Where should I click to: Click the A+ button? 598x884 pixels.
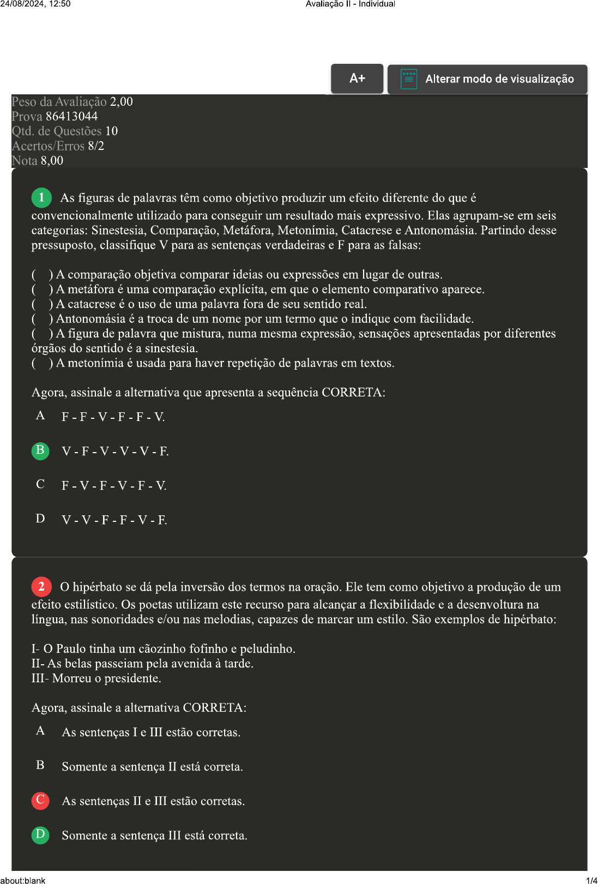[x=357, y=79]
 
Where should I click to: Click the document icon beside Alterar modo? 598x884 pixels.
[x=408, y=79]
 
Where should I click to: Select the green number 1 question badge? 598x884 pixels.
[x=41, y=197]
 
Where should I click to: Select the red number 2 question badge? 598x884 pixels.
[x=41, y=587]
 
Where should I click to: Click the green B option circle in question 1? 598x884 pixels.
[x=40, y=450]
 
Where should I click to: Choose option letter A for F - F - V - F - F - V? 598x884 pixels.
[x=40, y=416]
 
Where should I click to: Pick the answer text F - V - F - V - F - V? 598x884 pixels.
[x=114, y=486]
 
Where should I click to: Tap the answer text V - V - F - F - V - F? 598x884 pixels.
[x=114, y=520]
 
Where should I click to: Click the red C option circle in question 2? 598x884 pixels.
[x=40, y=800]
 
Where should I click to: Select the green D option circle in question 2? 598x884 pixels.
[x=40, y=834]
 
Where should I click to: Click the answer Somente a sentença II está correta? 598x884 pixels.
[x=152, y=767]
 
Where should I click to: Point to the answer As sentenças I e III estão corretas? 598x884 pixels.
[x=151, y=732]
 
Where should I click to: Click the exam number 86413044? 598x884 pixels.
[x=71, y=117]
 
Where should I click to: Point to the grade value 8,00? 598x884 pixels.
[x=52, y=161]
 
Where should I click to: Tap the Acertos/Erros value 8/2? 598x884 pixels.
[x=96, y=146]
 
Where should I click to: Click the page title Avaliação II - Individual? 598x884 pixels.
[x=350, y=4]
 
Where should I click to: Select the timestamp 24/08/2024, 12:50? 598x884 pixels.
[x=35, y=4]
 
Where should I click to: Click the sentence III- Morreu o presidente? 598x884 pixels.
[x=96, y=678]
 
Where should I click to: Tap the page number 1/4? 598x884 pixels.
[x=591, y=880]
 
